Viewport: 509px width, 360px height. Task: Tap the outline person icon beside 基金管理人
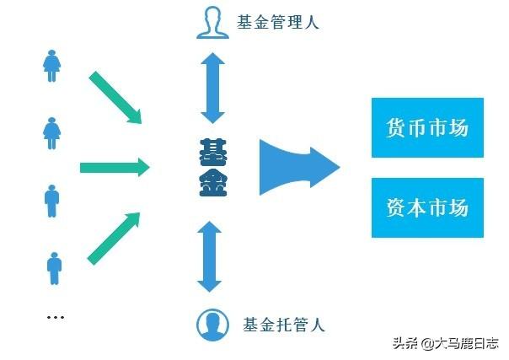(213, 22)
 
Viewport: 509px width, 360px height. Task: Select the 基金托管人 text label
(283, 324)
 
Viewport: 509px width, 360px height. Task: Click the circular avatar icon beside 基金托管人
(212, 324)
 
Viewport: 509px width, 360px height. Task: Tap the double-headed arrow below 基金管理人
(212, 89)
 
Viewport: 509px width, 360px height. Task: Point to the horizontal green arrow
(114, 167)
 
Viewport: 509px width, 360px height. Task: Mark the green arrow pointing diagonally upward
(113, 237)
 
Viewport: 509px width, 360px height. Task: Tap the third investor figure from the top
(51, 201)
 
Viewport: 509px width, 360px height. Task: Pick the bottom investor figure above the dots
(53, 268)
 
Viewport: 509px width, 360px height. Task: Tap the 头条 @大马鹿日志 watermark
(444, 343)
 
